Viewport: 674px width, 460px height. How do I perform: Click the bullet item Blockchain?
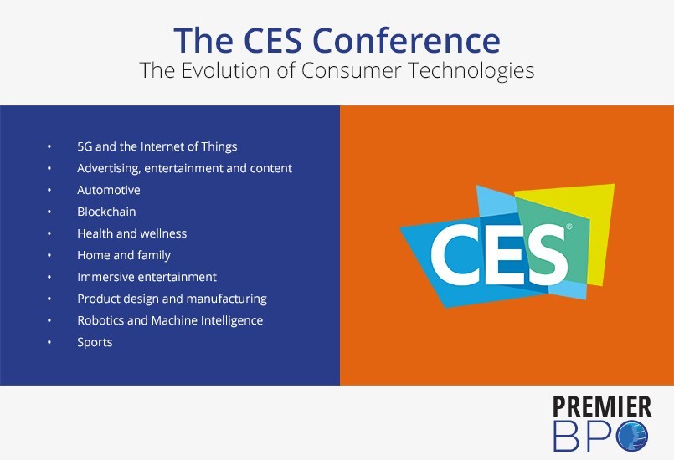tap(106, 212)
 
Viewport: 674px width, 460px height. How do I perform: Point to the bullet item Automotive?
tap(109, 190)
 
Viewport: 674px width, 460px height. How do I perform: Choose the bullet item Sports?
tap(95, 343)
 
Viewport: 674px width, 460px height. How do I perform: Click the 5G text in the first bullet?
tap(85, 146)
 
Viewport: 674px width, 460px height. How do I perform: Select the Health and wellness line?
tap(132, 233)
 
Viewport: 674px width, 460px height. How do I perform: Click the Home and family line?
tap(124, 256)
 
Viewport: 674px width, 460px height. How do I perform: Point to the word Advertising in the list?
tap(109, 168)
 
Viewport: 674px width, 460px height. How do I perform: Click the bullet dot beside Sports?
tap(49, 342)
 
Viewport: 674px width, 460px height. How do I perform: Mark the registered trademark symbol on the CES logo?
tap(569, 227)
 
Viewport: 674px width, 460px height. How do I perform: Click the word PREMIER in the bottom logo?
tap(602, 406)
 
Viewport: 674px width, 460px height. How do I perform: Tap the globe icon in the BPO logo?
tap(632, 436)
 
